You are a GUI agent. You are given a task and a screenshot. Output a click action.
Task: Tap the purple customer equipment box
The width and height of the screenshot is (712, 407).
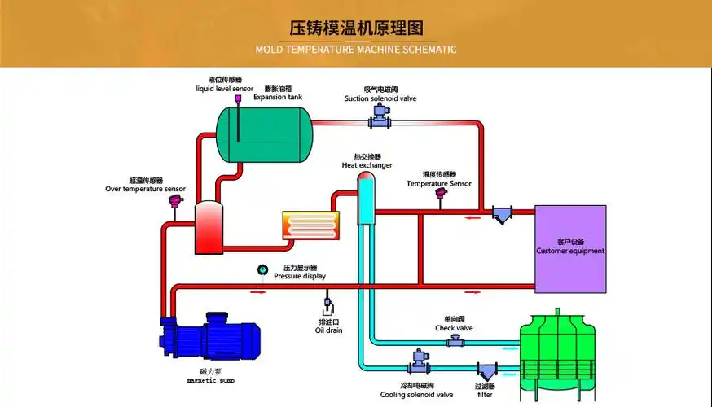(570, 248)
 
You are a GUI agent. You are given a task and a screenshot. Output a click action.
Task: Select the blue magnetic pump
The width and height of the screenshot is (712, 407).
(212, 339)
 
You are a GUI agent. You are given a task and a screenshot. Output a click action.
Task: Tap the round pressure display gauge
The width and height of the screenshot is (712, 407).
(262, 270)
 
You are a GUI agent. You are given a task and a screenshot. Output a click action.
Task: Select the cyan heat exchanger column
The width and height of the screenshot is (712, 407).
(365, 199)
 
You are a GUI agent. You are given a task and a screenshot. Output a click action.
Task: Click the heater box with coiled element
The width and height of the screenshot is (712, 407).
(310, 225)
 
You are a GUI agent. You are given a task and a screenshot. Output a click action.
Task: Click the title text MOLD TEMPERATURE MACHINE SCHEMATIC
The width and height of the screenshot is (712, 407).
(356, 50)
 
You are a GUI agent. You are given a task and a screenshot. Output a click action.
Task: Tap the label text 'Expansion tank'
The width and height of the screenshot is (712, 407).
(277, 97)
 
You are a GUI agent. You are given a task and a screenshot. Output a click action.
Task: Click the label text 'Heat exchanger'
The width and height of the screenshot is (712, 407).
(367, 165)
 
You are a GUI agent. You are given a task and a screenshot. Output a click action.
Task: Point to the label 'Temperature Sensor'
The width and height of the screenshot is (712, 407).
(439, 183)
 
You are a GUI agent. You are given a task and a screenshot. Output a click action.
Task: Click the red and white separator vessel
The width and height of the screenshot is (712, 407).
(209, 226)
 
